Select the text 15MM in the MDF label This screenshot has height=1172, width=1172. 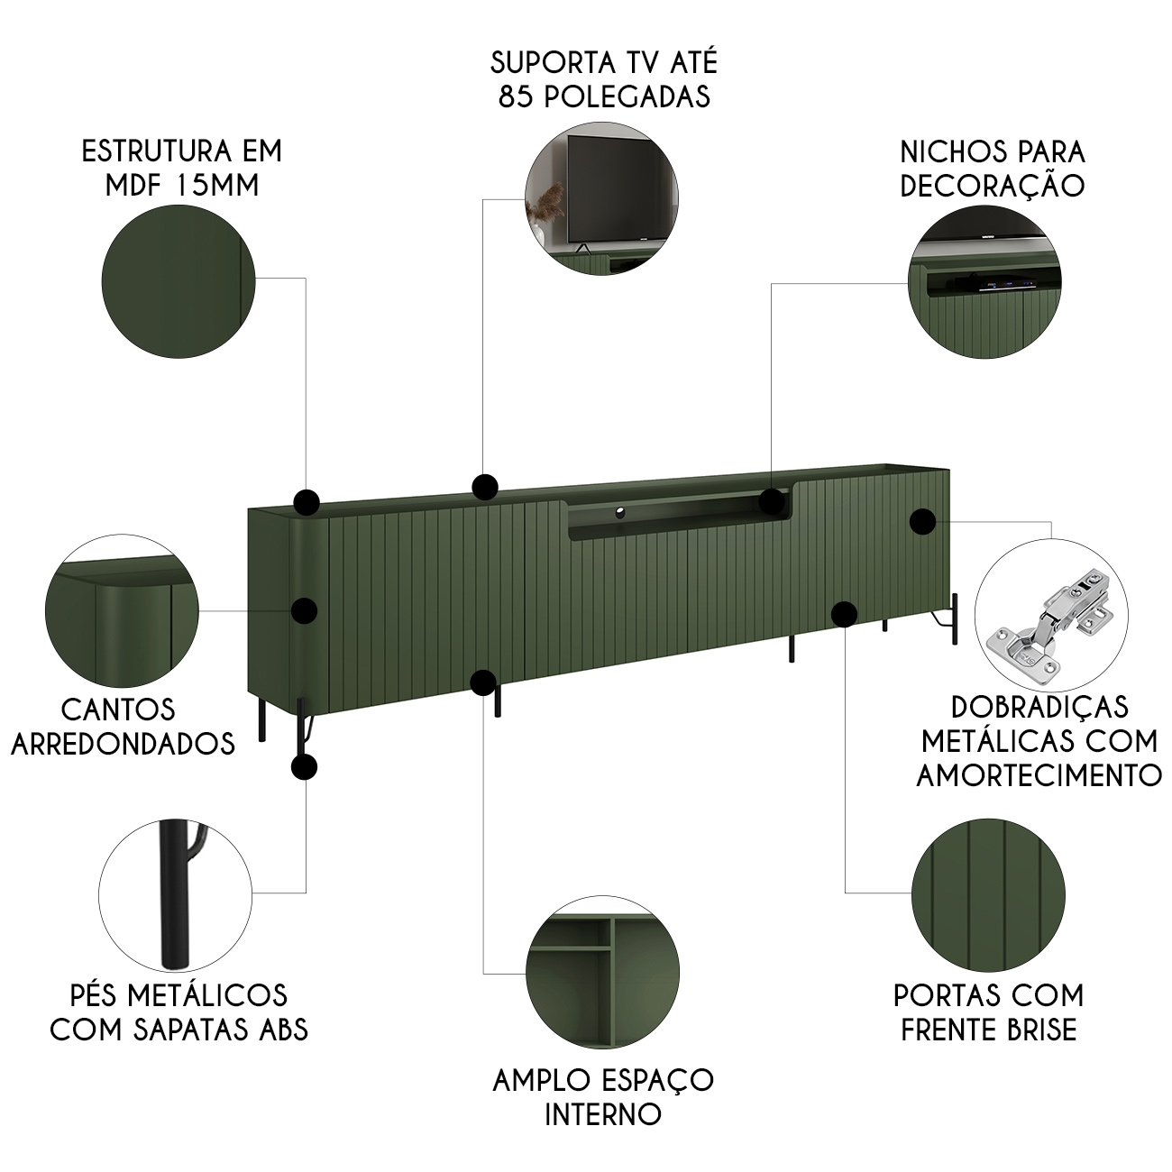coord(217,185)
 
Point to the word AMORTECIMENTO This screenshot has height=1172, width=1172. coord(1039,774)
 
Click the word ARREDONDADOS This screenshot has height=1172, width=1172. coord(123,743)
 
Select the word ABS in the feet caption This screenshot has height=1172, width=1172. coord(280,1029)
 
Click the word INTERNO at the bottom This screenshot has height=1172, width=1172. coord(603,1114)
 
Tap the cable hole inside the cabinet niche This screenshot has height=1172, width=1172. coord(619,512)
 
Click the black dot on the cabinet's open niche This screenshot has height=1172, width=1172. coord(772,501)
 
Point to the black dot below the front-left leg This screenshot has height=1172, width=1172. coord(304,767)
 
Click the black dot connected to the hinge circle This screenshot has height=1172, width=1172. coord(922,521)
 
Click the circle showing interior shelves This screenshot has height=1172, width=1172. coord(603,972)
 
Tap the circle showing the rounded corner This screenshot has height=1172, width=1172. coord(122,610)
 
